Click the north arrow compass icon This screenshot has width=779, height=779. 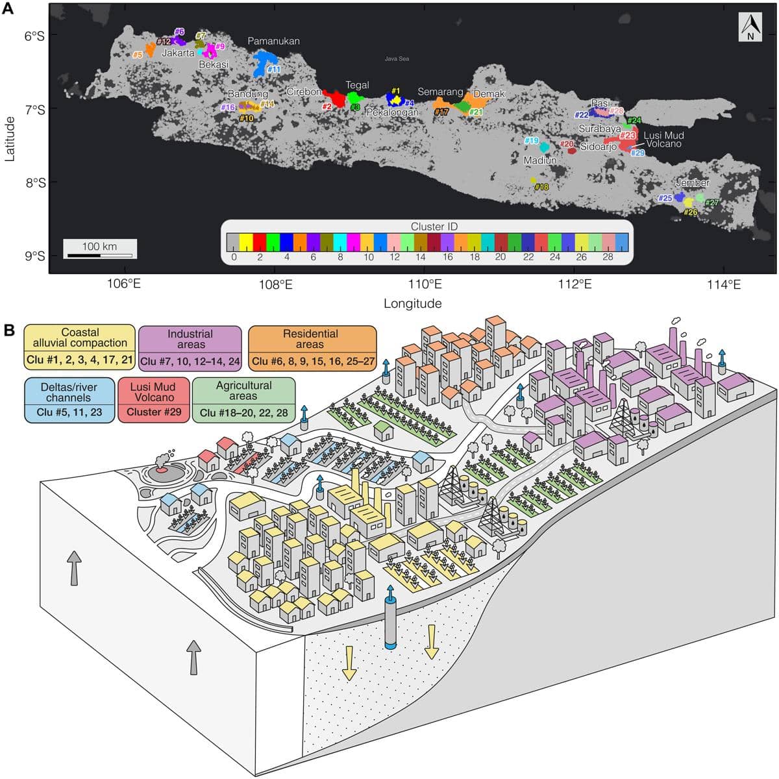click(750, 28)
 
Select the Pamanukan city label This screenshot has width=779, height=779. click(273, 41)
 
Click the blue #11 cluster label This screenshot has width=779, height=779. click(273, 69)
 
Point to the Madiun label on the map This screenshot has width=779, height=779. click(540, 160)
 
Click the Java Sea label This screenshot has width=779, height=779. click(397, 59)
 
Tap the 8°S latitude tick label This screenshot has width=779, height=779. click(34, 182)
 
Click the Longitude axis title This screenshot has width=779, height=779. click(412, 303)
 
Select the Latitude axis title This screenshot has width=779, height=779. click(10, 138)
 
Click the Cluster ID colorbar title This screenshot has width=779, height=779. click(434, 227)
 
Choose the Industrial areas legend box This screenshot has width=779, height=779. click(190, 348)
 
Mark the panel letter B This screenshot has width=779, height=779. click(10, 330)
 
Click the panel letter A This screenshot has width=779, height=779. click(10, 10)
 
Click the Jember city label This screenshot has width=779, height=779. click(692, 182)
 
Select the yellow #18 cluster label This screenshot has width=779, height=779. click(541, 187)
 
